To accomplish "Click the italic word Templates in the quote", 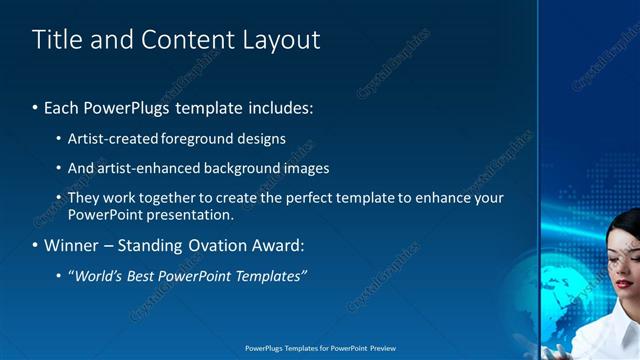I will pos(271,276).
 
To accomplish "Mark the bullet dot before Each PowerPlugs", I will pos(36,107).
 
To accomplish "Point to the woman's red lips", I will pos(624,284).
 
